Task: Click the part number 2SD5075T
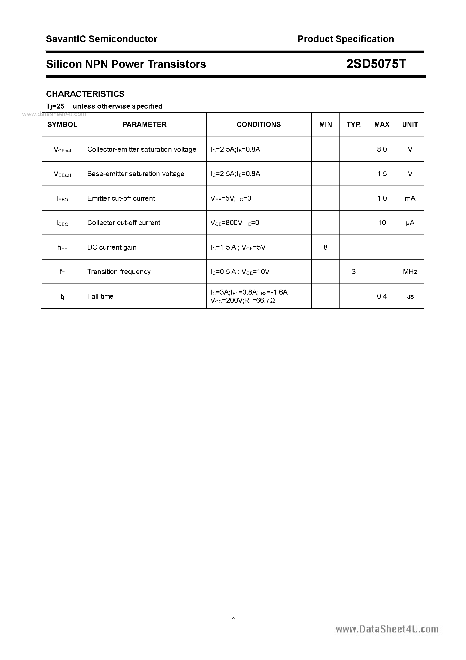376,64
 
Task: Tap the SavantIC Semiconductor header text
102,39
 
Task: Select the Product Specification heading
346,39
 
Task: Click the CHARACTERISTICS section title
85,94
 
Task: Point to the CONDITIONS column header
258,124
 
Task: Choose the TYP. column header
353,124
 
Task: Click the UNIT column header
410,124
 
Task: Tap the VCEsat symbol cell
62,149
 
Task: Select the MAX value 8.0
382,149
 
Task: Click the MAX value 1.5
382,174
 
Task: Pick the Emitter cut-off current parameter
121,198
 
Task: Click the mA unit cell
410,198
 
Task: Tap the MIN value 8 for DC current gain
325,247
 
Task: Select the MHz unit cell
410,272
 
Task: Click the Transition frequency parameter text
119,272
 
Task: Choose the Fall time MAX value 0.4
382,296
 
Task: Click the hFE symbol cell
62,247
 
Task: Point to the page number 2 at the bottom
233,617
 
